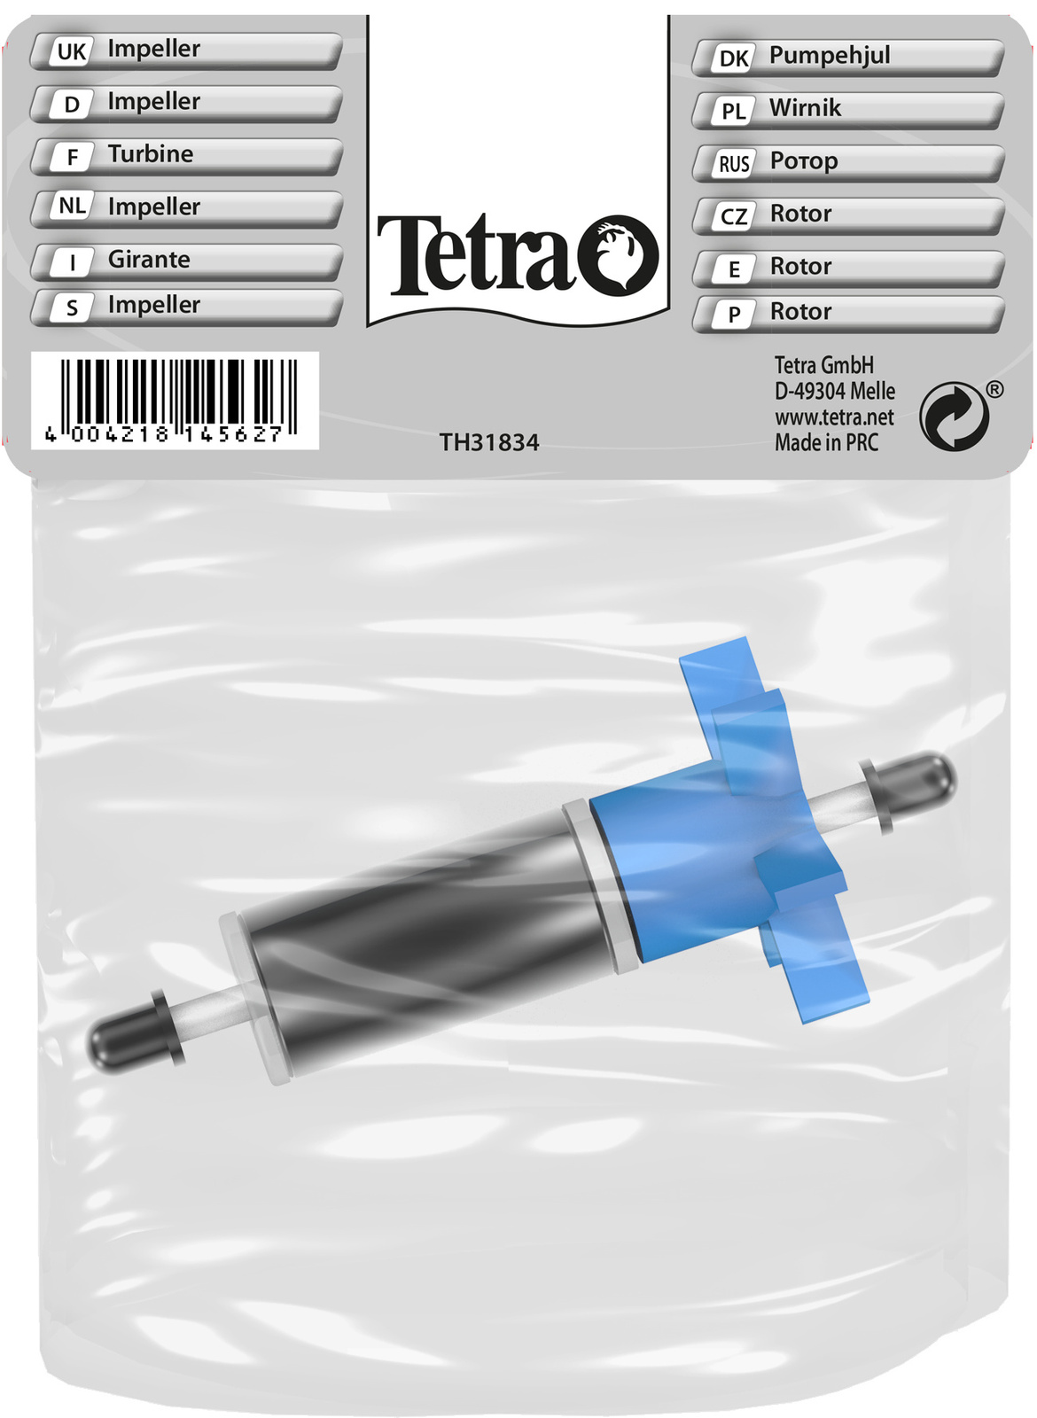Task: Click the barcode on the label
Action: pyautogui.click(x=174, y=400)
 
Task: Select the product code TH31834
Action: pyautogui.click(x=488, y=442)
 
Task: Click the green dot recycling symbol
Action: pyautogui.click(x=954, y=416)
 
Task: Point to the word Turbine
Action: pyautogui.click(x=151, y=154)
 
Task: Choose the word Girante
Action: pyautogui.click(x=149, y=259)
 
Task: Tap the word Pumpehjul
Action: pyautogui.click(x=830, y=55)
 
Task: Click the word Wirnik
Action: pyautogui.click(x=805, y=107)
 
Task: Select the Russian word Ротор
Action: pyautogui.click(x=803, y=160)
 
